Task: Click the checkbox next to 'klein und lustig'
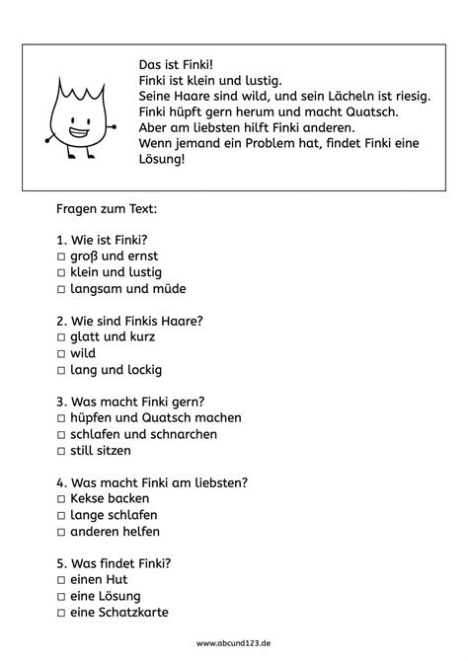click(x=61, y=271)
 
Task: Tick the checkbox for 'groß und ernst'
click(x=61, y=255)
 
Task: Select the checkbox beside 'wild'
click(x=61, y=353)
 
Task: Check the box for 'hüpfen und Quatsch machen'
click(x=61, y=418)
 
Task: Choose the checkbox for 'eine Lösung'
click(x=61, y=596)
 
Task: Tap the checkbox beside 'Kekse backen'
click(x=61, y=499)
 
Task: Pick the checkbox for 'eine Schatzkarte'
click(x=61, y=613)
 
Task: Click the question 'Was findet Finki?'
click(x=116, y=563)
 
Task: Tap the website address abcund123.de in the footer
click(x=233, y=641)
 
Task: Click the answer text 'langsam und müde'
click(x=128, y=288)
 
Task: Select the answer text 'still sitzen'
click(x=101, y=451)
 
